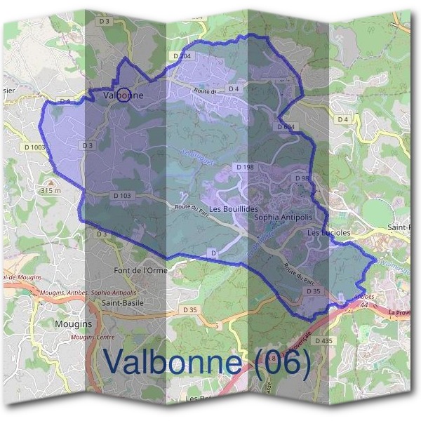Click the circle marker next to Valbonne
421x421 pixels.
pyautogui.click(x=123, y=95)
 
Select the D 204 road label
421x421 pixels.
pyautogui.click(x=180, y=56)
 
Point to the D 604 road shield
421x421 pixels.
pyautogui.click(x=286, y=127)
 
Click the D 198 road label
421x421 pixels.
pyautogui.click(x=245, y=167)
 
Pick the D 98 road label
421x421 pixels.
pyautogui.click(x=302, y=178)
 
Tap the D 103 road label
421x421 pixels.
pyautogui.click(x=121, y=196)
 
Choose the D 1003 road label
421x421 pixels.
pyautogui.click(x=34, y=147)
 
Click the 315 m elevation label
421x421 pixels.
pyautogui.click(x=51, y=191)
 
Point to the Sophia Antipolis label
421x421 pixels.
pyautogui.click(x=281, y=218)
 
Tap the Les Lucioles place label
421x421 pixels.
pyautogui.click(x=329, y=232)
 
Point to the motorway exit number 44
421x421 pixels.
pyautogui.click(x=345, y=307)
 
